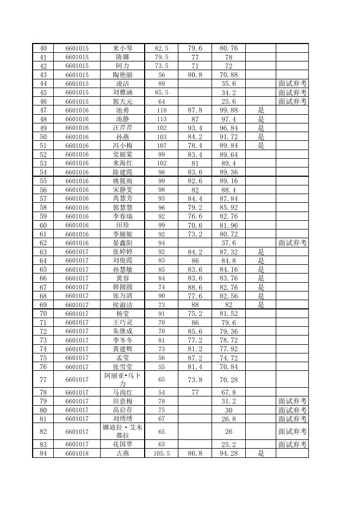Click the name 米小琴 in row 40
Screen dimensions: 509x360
tap(122, 48)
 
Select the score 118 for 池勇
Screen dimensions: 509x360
tap(162, 110)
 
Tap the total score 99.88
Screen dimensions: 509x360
tap(228, 110)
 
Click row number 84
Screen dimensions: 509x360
tap(44, 453)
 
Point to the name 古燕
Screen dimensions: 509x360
tap(122, 453)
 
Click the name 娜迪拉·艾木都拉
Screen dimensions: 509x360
tap(122, 431)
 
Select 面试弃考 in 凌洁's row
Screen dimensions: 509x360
tap(292, 84)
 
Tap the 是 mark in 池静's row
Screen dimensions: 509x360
tap(260, 119)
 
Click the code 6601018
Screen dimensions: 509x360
tap(77, 453)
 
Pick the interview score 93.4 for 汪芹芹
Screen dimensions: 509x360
tap(195, 128)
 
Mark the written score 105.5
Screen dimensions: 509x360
tap(162, 453)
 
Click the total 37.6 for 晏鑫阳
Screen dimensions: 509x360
tap(228, 243)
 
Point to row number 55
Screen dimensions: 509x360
tap(44, 181)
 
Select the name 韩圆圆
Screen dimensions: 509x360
tap(122, 287)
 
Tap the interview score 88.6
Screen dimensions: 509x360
tap(195, 287)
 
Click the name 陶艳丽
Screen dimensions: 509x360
tap(122, 75)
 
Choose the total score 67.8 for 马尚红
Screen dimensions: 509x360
tap(228, 392)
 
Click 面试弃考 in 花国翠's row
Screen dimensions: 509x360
tap(292, 444)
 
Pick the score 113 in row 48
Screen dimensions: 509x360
tap(162, 119)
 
